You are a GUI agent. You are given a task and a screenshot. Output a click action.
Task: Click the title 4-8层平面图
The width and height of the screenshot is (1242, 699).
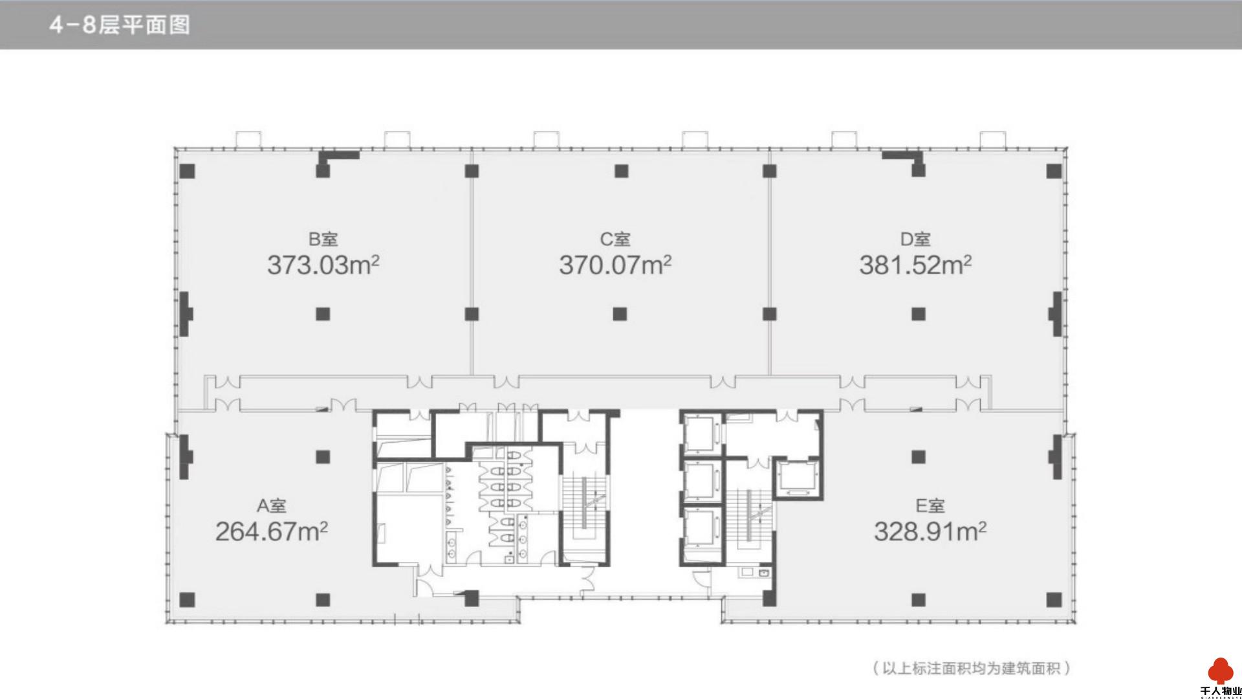point(119,25)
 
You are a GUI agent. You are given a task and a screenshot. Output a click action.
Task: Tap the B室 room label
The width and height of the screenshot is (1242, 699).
point(323,239)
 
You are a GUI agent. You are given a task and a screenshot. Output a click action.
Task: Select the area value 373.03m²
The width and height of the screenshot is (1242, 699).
point(323,265)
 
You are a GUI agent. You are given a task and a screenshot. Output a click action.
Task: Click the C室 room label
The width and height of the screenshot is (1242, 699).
point(615,239)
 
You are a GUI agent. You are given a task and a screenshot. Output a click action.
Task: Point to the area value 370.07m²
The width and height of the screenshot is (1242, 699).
point(615,265)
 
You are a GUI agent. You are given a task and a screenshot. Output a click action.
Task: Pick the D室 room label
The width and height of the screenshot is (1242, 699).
point(915,239)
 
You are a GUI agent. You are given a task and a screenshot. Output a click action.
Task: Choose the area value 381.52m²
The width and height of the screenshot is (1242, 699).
point(915,265)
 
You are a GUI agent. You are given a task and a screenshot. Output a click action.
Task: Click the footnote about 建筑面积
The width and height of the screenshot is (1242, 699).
point(970,668)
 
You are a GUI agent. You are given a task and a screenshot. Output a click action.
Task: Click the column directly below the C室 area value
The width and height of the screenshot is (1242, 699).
point(620,314)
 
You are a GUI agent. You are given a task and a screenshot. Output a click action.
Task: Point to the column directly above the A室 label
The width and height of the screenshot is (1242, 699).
point(323,457)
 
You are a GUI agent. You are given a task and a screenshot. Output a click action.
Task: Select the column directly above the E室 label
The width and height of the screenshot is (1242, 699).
point(918,457)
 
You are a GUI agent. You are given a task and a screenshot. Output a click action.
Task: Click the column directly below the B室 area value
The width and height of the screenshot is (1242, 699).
point(323,314)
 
